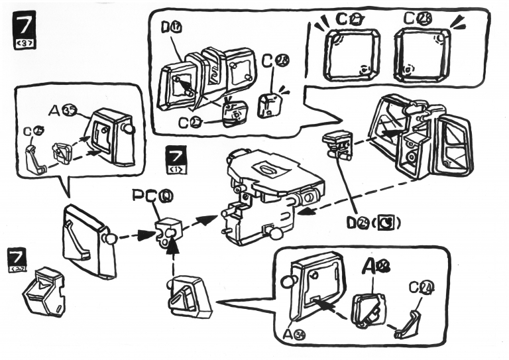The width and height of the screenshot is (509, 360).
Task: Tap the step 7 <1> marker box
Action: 176,162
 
